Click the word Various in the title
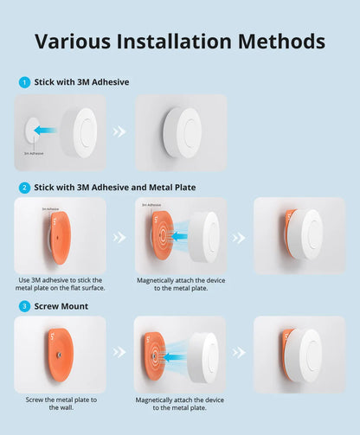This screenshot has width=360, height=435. (x=77, y=41)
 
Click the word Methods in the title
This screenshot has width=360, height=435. (x=283, y=41)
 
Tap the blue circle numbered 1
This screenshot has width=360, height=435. (x=24, y=82)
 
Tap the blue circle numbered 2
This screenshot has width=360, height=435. (x=24, y=187)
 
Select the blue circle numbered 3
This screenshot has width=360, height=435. (x=24, y=305)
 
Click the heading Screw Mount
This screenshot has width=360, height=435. (x=61, y=305)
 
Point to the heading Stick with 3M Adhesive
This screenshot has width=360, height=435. (x=81, y=82)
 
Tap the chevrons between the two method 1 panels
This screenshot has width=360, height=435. (x=120, y=132)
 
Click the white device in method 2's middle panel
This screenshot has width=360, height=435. (x=205, y=235)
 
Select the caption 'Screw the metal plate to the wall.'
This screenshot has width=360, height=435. (x=60, y=404)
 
